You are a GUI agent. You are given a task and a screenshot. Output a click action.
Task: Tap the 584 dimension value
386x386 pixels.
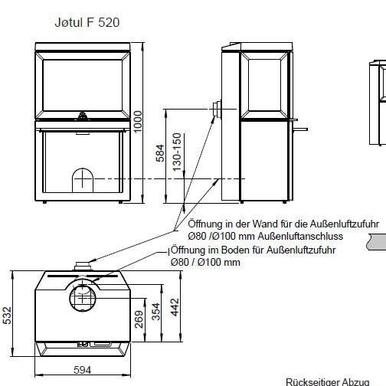pos(160,153)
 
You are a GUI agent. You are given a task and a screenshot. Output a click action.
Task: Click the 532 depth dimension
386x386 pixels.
pos(7,316)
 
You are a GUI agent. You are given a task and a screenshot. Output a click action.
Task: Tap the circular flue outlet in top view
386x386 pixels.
pos(82,295)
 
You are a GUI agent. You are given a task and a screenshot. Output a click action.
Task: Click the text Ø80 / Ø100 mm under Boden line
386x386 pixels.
pos(205,262)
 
